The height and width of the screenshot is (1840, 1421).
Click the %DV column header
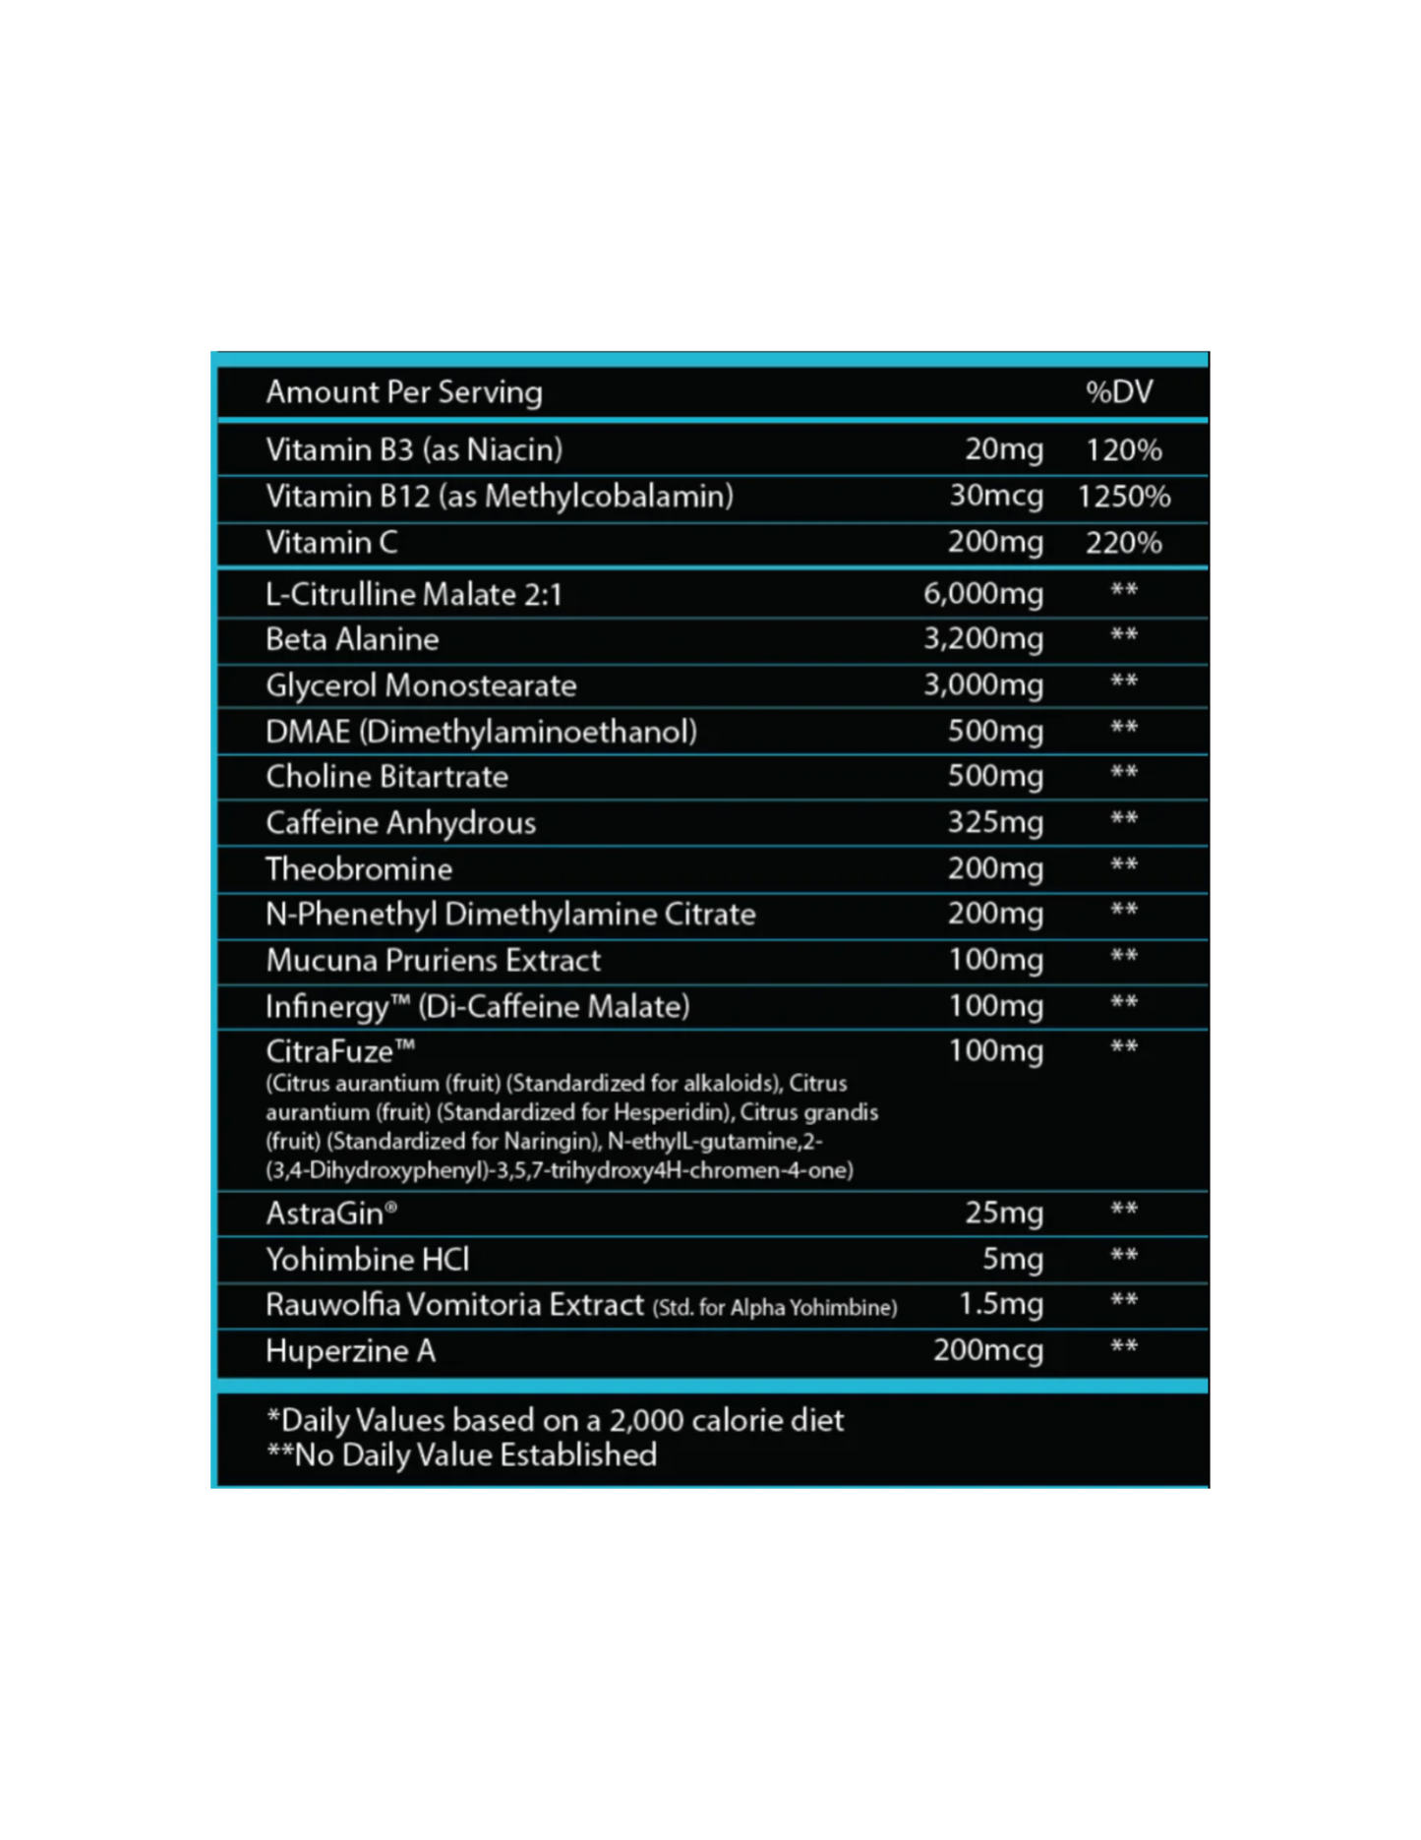1119,391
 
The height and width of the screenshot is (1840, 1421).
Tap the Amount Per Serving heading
403,391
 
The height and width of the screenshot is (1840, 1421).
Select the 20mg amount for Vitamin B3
1003,449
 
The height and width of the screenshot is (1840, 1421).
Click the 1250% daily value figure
1123,496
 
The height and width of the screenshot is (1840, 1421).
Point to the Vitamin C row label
331,542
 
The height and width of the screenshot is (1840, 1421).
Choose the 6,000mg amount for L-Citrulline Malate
982,593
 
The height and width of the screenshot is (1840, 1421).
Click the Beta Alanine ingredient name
352,639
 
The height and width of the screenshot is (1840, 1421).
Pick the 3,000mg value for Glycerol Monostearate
982,684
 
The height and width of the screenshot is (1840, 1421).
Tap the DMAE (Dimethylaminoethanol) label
481,731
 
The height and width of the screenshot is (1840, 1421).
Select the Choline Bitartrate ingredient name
386,777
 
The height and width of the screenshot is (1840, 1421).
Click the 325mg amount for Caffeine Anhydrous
994,822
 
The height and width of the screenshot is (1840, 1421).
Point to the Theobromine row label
359,868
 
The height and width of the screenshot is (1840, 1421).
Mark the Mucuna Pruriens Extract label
433,960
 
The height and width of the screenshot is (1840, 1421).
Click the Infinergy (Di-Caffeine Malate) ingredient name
477,1006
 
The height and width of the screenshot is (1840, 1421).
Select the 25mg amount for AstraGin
1003,1213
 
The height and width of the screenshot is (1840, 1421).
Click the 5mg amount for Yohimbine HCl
1012,1259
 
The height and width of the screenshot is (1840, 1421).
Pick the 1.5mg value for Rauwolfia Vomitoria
1000,1304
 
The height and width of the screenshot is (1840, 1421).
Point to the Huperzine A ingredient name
350,1351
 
